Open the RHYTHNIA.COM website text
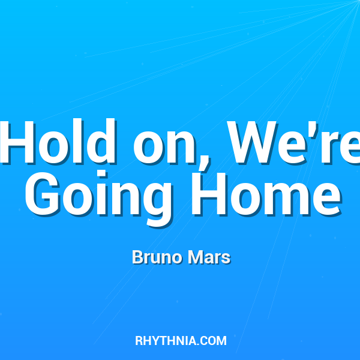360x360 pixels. coord(181,341)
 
